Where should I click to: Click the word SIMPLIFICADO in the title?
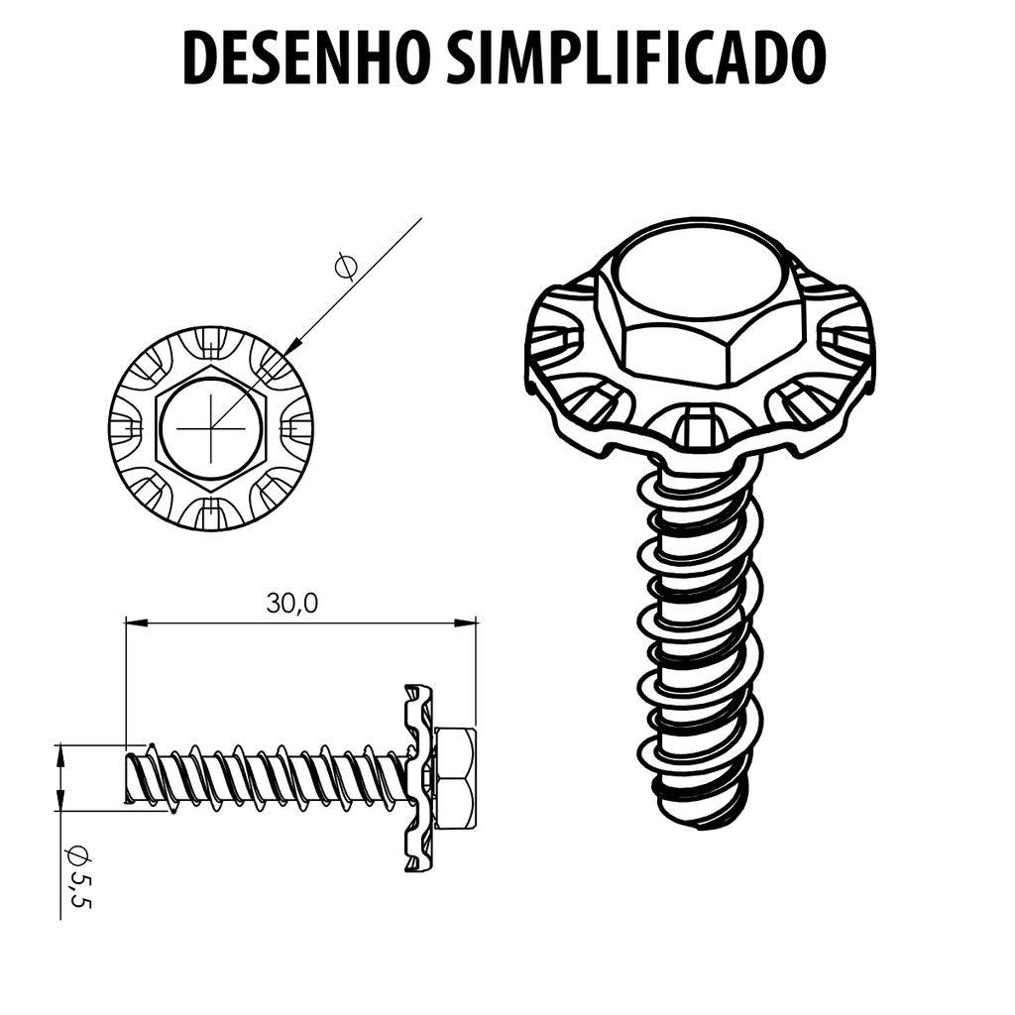(x=636, y=56)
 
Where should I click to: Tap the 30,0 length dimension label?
(x=292, y=604)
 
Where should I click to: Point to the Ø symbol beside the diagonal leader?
(x=345, y=266)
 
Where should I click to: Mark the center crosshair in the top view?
(x=210, y=428)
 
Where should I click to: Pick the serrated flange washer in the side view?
(x=417, y=779)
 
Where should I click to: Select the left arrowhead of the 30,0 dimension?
(x=134, y=623)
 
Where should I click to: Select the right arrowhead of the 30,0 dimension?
(x=468, y=623)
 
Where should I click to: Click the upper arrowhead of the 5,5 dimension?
(x=60, y=754)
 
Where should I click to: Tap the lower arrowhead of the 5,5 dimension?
(x=60, y=800)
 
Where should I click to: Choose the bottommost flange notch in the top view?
(x=210, y=512)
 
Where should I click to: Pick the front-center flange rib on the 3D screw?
(x=697, y=427)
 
